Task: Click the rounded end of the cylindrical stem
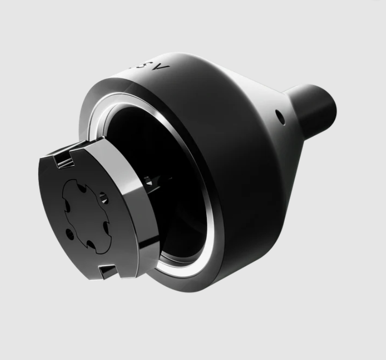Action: tap(330, 105)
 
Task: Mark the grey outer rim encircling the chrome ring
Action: tap(98, 103)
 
